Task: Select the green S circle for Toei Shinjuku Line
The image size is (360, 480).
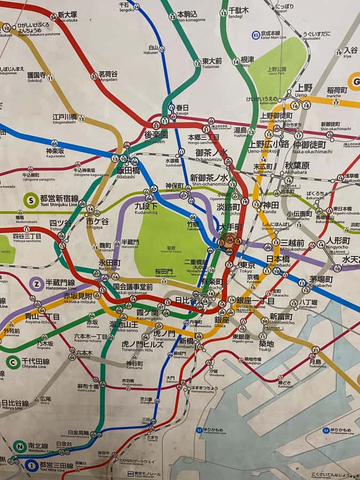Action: [31, 201]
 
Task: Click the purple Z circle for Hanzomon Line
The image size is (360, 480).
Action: [37, 284]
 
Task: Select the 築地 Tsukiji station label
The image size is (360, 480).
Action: [266, 345]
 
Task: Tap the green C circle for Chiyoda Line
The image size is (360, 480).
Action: [13, 362]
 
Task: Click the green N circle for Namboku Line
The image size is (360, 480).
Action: [20, 446]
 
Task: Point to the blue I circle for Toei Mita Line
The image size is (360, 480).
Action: [31, 466]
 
